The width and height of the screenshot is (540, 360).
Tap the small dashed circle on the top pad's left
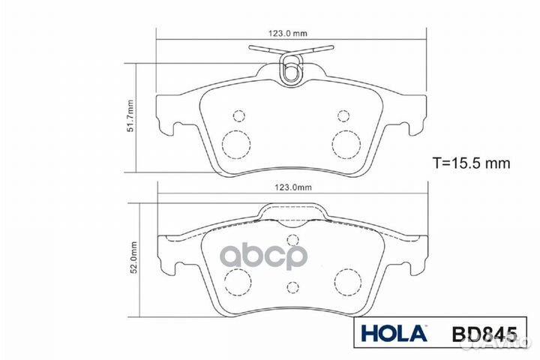[x=238, y=115]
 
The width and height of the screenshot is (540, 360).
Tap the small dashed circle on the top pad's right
[x=343, y=115]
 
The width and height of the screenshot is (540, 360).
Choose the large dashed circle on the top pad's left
[x=238, y=143]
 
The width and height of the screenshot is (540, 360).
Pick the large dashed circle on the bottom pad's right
[x=346, y=282]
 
